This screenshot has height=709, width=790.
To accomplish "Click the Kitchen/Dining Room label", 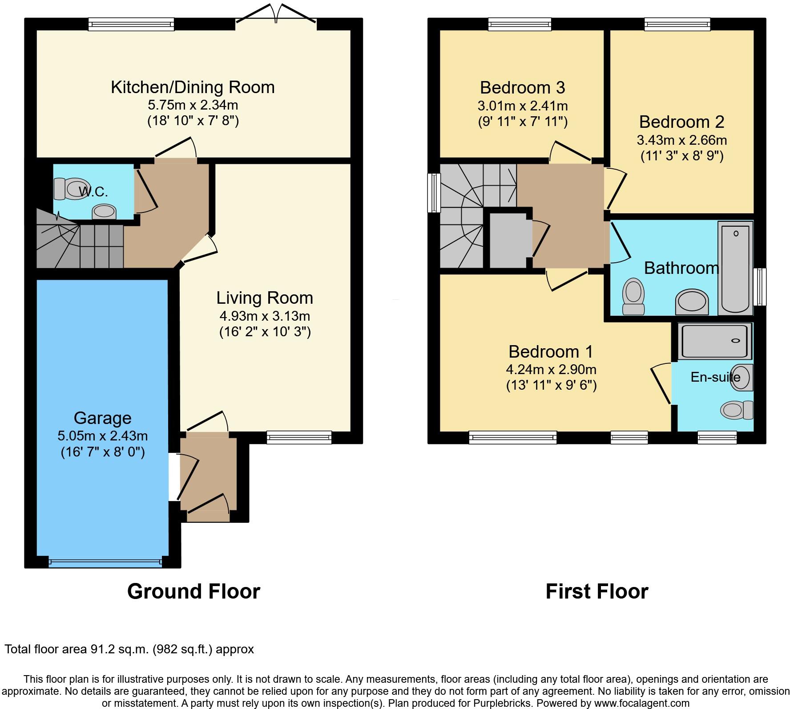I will click(x=193, y=87).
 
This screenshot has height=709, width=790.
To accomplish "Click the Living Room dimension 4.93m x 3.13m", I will click(x=265, y=316).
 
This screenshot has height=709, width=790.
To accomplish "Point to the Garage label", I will click(x=103, y=418).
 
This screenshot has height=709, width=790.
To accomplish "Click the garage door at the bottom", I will click(x=105, y=563).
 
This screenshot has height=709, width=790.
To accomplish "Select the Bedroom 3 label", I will click(x=522, y=87).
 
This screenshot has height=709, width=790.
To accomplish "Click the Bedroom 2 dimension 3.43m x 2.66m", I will click(x=681, y=140).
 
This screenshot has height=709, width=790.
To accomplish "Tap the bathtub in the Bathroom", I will click(x=735, y=268).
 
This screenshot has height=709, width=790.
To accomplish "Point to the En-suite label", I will click(x=715, y=377).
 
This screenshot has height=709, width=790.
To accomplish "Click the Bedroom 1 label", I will click(x=551, y=351).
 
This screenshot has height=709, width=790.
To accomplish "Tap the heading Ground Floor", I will click(x=193, y=591).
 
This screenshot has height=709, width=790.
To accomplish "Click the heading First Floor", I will click(x=597, y=591).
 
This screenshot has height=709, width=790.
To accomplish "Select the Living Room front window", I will click(x=299, y=437).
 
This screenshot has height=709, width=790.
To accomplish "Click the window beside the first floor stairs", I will click(x=433, y=193).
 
